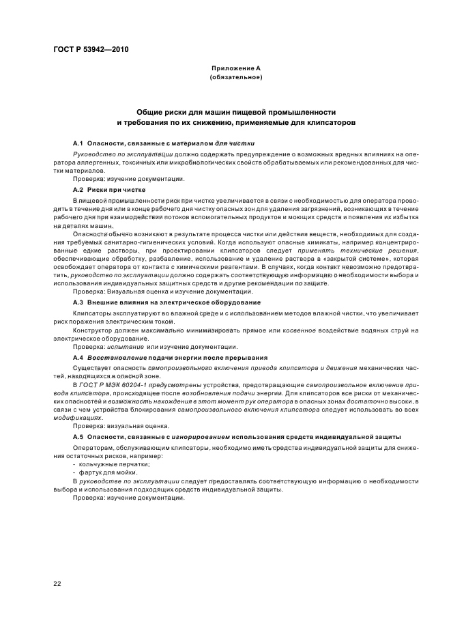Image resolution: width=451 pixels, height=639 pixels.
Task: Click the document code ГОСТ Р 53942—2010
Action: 91,50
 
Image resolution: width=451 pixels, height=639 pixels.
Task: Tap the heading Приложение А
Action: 235,69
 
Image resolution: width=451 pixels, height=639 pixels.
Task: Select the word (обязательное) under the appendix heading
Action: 235,78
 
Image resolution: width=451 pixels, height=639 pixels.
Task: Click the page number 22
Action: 57,582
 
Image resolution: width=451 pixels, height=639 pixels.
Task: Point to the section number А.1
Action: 78,144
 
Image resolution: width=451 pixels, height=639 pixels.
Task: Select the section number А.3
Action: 78,301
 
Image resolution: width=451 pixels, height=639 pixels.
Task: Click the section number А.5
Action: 78,436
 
